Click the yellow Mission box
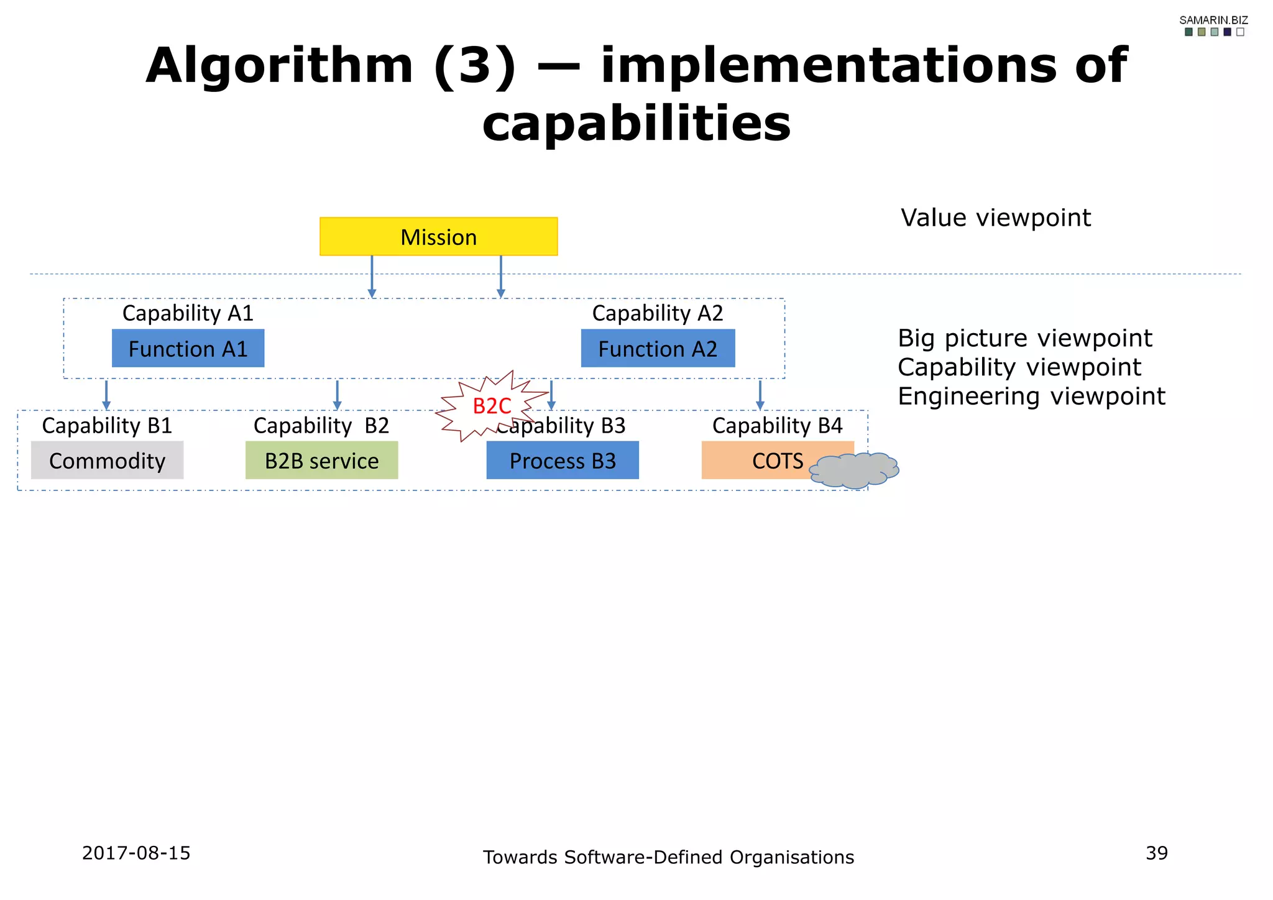click(438, 237)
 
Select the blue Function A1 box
click(188, 349)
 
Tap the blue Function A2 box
click(658, 349)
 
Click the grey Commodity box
click(107, 461)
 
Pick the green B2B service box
click(321, 461)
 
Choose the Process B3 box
click(563, 461)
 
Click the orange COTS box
click(765, 461)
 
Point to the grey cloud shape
click(854, 471)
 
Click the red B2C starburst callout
click(491, 406)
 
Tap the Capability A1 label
click(188, 313)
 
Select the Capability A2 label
click(658, 313)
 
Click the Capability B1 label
click(107, 426)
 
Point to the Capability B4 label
click(777, 426)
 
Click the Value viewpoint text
click(996, 218)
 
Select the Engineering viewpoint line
click(1031, 397)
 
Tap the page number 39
click(1157, 853)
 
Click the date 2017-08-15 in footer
click(136, 853)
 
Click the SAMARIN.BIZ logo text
click(1213, 21)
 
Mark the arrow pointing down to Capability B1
click(106, 395)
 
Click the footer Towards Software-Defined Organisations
click(668, 857)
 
